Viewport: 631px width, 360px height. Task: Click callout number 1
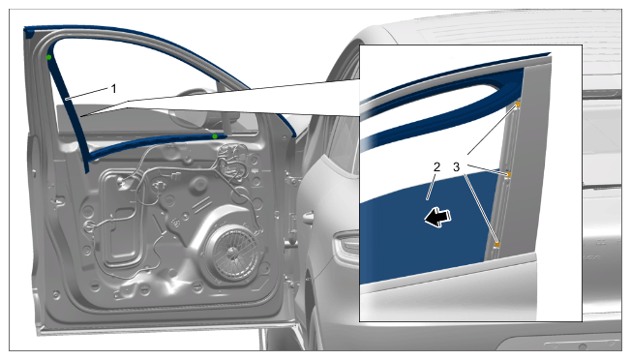(x=114, y=88)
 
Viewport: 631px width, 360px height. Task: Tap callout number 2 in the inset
(x=437, y=166)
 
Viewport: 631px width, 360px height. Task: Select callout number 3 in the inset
(x=456, y=166)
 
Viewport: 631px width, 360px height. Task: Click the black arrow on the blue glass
(x=437, y=217)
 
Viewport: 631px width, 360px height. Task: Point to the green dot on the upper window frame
(x=48, y=57)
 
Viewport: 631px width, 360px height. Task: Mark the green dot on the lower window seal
(x=215, y=136)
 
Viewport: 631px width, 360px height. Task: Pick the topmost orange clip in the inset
(x=518, y=105)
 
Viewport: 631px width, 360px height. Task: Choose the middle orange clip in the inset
(x=508, y=174)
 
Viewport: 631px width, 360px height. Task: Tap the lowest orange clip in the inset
(x=497, y=244)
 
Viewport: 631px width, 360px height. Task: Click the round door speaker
(x=232, y=253)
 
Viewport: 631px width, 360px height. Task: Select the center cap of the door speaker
(x=232, y=253)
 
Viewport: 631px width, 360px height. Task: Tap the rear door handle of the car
(x=308, y=217)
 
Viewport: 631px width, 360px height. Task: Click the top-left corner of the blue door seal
(x=25, y=28)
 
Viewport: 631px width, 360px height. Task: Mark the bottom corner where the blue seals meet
(x=87, y=160)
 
